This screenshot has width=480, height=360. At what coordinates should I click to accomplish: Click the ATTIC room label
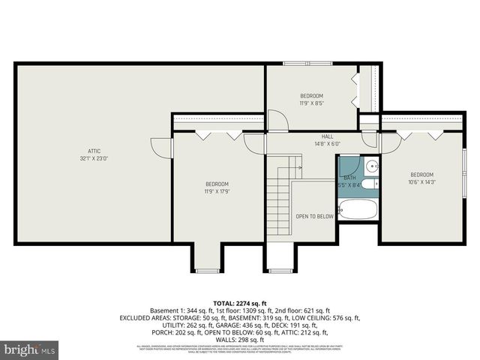click(x=94, y=151)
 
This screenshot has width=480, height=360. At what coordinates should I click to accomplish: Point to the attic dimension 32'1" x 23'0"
click(x=94, y=158)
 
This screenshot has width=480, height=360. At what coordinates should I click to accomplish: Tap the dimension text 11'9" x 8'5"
click(x=311, y=103)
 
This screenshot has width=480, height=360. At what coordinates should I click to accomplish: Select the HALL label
click(x=327, y=136)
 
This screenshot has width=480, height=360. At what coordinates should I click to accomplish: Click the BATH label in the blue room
click(x=349, y=177)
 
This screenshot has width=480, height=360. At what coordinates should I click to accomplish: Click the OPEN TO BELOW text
click(x=314, y=216)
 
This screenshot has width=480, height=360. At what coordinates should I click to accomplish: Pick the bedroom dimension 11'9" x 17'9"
click(x=217, y=191)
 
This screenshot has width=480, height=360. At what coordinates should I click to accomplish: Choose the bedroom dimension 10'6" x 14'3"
click(x=421, y=181)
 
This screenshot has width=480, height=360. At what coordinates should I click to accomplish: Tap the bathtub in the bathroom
click(x=358, y=209)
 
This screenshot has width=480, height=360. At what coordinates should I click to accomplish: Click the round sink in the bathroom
click(x=371, y=166)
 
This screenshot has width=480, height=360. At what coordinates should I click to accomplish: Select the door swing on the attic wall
click(x=160, y=147)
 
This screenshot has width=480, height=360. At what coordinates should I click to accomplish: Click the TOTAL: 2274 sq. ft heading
click(x=239, y=303)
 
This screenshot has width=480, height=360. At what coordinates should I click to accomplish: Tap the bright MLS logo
click(x=30, y=349)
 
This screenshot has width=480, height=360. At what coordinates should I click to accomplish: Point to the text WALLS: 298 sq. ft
click(x=239, y=340)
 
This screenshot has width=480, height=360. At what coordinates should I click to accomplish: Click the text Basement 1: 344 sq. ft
click(x=190, y=310)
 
